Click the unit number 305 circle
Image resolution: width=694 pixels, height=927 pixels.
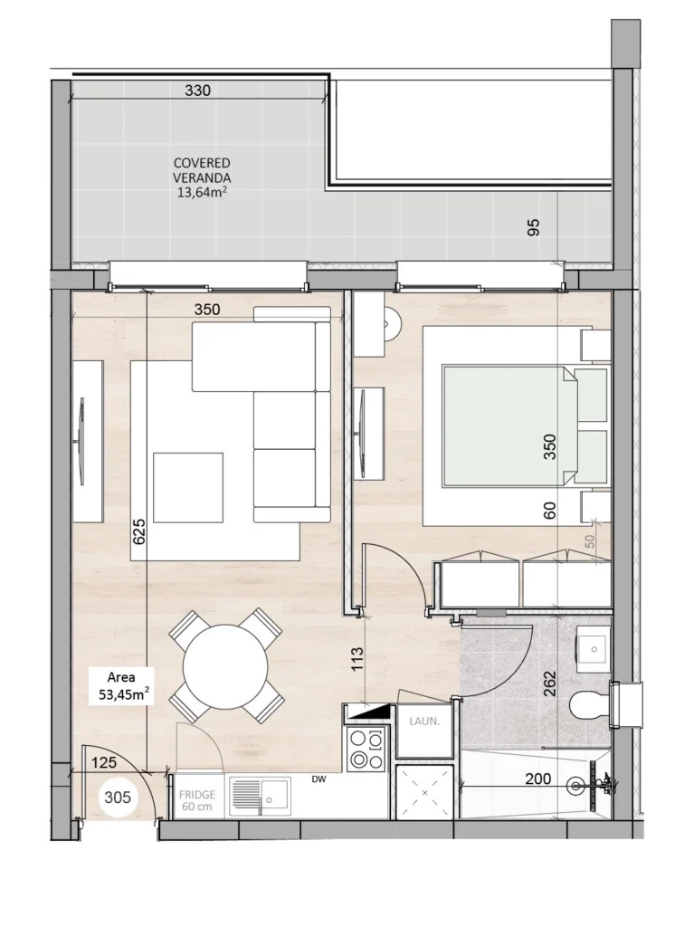[117, 797]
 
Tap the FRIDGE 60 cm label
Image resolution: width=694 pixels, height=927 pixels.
[197, 800]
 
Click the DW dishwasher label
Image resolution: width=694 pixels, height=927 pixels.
[319, 779]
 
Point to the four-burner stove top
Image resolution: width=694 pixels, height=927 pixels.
[366, 748]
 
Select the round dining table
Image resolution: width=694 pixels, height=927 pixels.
[224, 666]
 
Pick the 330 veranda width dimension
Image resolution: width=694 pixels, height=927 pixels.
[197, 91]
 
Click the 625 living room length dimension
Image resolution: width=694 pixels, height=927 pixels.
[139, 531]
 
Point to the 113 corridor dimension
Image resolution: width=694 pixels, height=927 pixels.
[357, 660]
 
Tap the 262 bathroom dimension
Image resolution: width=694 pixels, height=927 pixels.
[549, 683]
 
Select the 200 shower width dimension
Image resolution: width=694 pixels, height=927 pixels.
[538, 779]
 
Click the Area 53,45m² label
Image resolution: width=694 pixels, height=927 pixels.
[123, 686]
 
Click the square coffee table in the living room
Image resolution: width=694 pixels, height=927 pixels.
[188, 488]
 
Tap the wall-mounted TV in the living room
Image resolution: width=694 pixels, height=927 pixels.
[81, 441]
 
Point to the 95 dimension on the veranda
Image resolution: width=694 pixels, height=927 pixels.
[533, 227]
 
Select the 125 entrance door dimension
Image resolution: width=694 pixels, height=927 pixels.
[104, 762]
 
